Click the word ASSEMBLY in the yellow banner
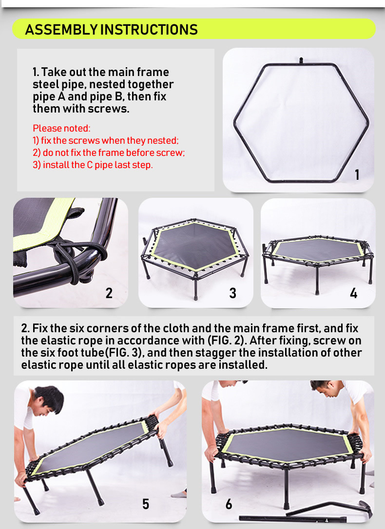coord(61,30)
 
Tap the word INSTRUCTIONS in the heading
coord(149,30)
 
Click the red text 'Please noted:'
coord(61,128)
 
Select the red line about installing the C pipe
coord(93,165)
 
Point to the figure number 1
coord(357,175)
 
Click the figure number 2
coord(109,293)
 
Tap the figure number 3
coord(232,293)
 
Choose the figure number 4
coord(353,293)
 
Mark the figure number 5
coord(145,504)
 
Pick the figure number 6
coord(229,504)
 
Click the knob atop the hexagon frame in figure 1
coord(301,60)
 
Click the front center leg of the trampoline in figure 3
coord(196,288)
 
